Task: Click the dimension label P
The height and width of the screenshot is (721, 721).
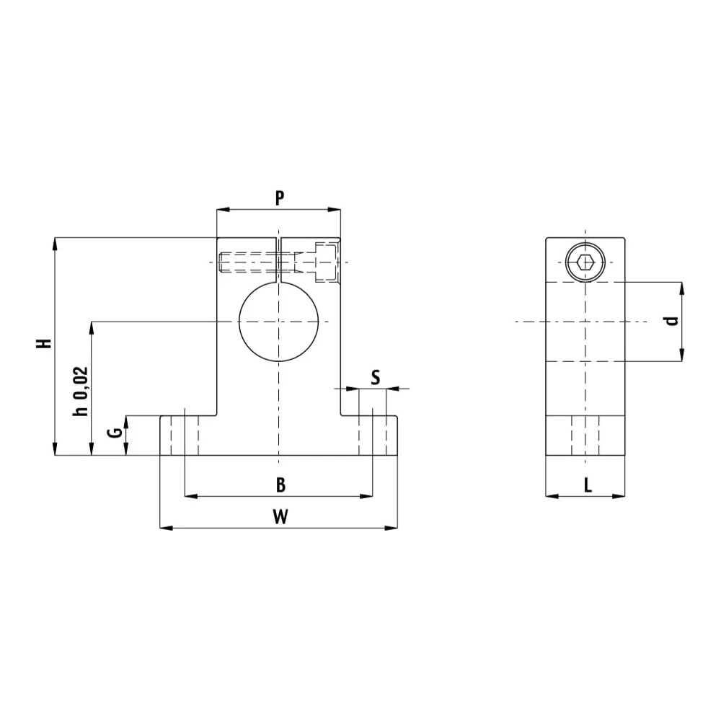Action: coord(280,198)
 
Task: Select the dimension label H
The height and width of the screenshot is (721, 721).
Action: coord(44,343)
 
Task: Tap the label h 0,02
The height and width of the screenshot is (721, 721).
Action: coord(80,392)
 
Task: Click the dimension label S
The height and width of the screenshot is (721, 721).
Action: coord(376,378)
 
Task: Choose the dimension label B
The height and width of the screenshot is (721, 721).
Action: coord(280,485)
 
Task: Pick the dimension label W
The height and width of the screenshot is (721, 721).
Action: coord(280,517)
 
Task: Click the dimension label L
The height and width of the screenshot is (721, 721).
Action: coord(588,485)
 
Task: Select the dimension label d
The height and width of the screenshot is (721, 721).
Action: coord(673,321)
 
